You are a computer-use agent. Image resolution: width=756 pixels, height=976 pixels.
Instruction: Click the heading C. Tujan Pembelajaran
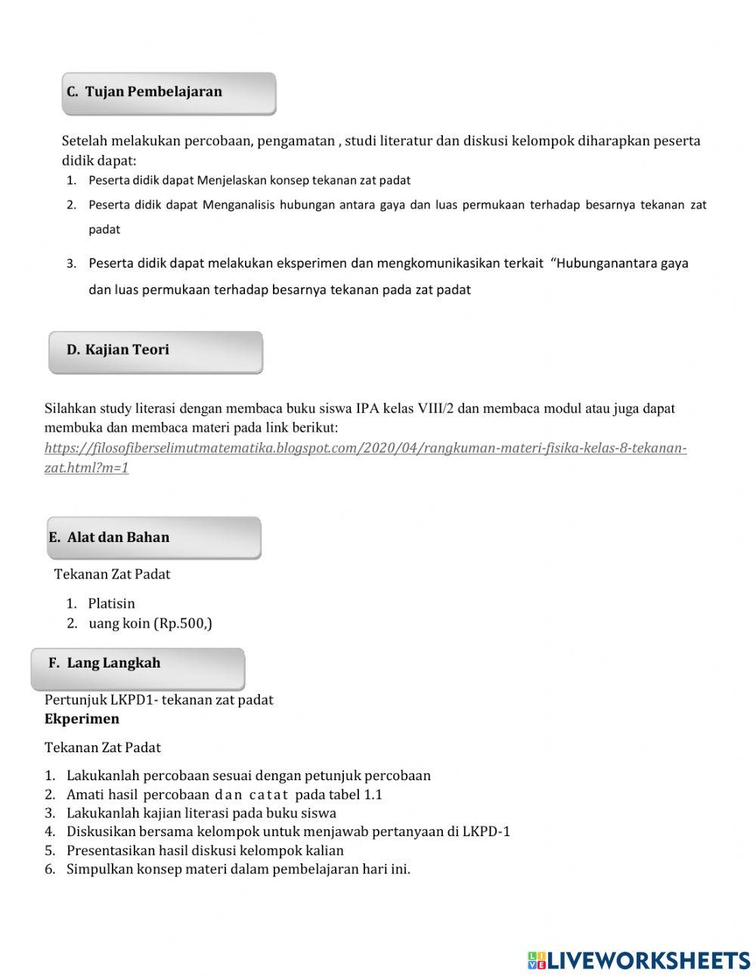(144, 92)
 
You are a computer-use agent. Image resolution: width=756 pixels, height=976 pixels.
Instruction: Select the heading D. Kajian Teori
(118, 350)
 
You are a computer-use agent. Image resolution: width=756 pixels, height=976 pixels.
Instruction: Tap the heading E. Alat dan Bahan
(109, 538)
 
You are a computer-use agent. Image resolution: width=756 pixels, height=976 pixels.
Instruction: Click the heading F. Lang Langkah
(104, 663)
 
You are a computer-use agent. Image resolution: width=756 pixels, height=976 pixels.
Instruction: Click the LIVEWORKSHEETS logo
(639, 960)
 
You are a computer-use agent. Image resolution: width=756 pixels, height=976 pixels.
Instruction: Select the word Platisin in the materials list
(111, 603)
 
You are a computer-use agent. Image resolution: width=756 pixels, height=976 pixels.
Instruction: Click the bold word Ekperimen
(82, 719)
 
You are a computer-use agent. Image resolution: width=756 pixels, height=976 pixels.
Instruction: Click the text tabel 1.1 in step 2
(356, 795)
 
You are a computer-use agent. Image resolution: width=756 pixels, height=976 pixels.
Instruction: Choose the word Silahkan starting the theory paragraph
(70, 409)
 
